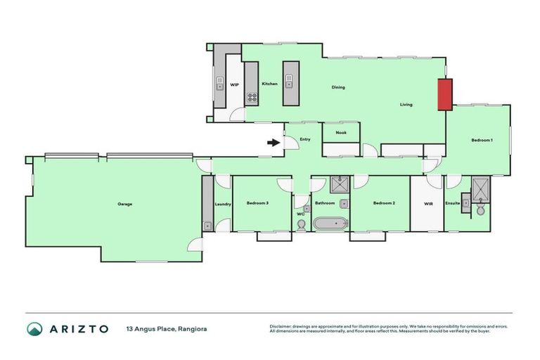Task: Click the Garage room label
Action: [x=125, y=204]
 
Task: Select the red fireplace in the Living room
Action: [x=445, y=94]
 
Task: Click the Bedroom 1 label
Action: [x=482, y=141]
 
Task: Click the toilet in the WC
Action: [x=302, y=224]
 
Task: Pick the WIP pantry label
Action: [x=235, y=84]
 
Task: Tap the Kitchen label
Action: [x=269, y=84]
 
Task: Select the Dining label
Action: [x=338, y=88]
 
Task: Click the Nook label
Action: [x=341, y=132]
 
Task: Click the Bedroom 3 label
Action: [x=257, y=203]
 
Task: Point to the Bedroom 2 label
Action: [x=384, y=203]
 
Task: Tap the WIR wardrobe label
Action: [x=429, y=204]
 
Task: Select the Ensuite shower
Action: [x=481, y=186]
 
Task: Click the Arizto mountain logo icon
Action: [x=34, y=328]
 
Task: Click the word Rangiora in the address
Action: [x=193, y=328]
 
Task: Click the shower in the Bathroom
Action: [x=340, y=184]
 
